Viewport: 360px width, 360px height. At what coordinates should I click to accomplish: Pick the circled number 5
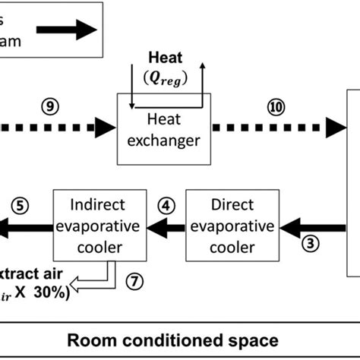(x=21, y=204)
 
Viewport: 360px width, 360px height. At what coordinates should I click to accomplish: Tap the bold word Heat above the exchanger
(x=166, y=57)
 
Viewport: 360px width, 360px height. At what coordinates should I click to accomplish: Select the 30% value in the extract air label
(x=49, y=292)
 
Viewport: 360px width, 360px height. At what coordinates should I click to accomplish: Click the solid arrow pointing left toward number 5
(x=23, y=225)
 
